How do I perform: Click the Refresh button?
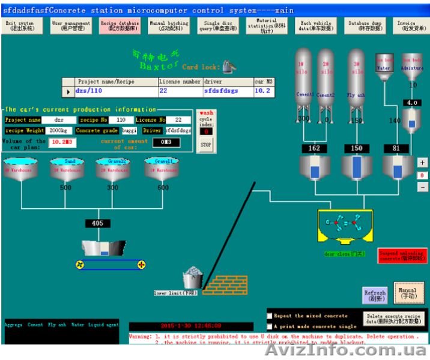point(374,295)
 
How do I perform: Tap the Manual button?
point(405,292)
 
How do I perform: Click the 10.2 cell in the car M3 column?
point(262,92)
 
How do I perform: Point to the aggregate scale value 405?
point(97,223)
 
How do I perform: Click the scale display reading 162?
point(313,148)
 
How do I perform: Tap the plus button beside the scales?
point(423,163)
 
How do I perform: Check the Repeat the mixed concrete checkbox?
point(270,315)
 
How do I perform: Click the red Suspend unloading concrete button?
point(402,256)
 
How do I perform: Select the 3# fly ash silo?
point(356,84)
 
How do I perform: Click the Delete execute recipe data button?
point(395,318)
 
